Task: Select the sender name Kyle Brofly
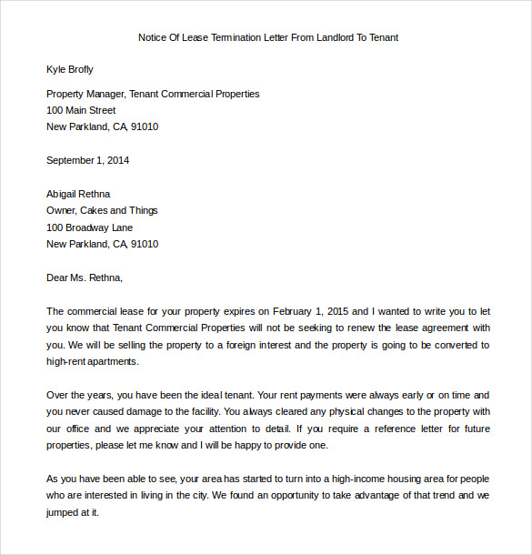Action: tap(70, 69)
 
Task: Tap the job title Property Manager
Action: tap(85, 94)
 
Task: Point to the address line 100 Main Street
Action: tap(81, 110)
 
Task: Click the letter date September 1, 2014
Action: tap(87, 160)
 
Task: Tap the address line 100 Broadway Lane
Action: tap(89, 227)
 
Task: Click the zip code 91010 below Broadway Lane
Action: tap(144, 244)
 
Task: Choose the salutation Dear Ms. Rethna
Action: tap(84, 277)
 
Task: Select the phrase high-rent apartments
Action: tap(92, 361)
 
